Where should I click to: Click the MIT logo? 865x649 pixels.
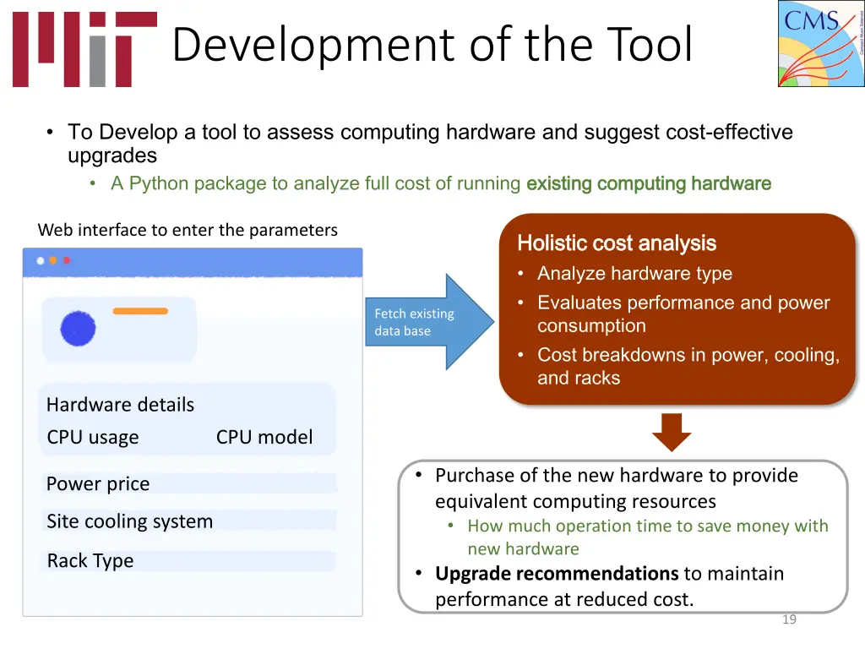click(84, 49)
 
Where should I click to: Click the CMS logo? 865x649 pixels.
click(820, 43)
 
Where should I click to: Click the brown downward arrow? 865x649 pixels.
click(672, 432)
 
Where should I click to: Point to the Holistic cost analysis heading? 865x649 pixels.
click(616, 243)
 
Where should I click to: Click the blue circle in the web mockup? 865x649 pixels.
click(78, 328)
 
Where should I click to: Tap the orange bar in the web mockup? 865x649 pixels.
click(140, 311)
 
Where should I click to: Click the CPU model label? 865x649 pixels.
click(264, 437)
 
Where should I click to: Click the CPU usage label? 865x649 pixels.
click(93, 437)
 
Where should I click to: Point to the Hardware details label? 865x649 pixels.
click(120, 405)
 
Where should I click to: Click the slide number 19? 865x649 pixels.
click(789, 619)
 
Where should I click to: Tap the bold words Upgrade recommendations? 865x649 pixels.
click(556, 573)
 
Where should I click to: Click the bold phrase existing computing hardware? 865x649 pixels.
click(648, 183)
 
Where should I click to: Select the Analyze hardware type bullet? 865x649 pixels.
click(634, 274)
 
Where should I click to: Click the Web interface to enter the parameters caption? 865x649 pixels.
click(188, 230)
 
